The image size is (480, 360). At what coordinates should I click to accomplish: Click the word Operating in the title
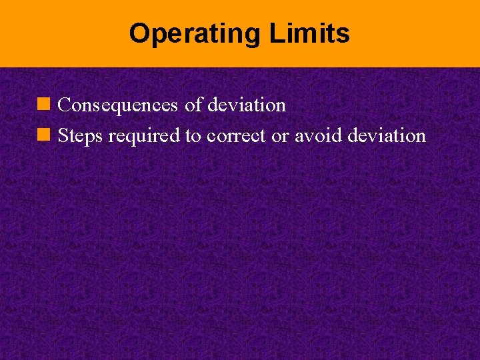[196, 33]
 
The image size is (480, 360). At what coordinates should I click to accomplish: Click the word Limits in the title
[309, 33]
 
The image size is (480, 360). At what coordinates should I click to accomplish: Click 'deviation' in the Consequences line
[247, 105]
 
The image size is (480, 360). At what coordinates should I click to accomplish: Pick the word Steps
[81, 136]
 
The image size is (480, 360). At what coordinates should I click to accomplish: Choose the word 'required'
[144, 136]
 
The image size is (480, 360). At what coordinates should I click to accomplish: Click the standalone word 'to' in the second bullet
[193, 136]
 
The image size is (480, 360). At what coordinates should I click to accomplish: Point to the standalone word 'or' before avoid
[279, 136]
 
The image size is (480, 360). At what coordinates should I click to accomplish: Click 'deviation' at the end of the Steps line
[386, 136]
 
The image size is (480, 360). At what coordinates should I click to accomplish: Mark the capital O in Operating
[138, 33]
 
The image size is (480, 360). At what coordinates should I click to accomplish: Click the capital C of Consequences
[65, 105]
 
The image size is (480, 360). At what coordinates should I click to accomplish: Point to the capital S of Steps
[63, 136]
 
